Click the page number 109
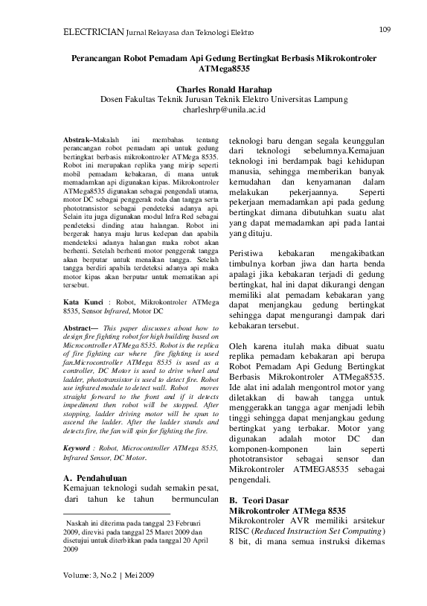[385, 30]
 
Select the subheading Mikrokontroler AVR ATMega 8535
[287, 510]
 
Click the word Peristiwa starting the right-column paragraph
[249, 254]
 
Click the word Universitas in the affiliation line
[289, 98]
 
